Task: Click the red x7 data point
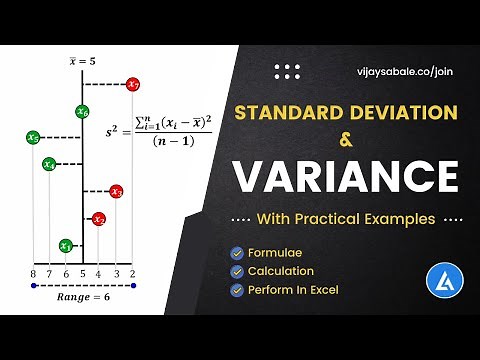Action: coord(133,85)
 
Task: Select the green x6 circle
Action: coord(83,112)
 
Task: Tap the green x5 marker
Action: coord(34,138)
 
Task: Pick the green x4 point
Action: coord(49,164)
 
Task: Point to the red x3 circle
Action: coord(116,191)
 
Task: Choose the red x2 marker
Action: coord(99,219)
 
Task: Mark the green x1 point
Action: coord(66,245)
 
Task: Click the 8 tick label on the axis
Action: coord(34,272)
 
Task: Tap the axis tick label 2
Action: coord(133,272)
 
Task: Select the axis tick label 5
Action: coord(83,272)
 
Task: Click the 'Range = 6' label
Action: coord(83,297)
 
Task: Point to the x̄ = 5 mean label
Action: coord(83,60)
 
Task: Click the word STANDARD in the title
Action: coord(286,111)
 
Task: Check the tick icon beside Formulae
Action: coord(237,253)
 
